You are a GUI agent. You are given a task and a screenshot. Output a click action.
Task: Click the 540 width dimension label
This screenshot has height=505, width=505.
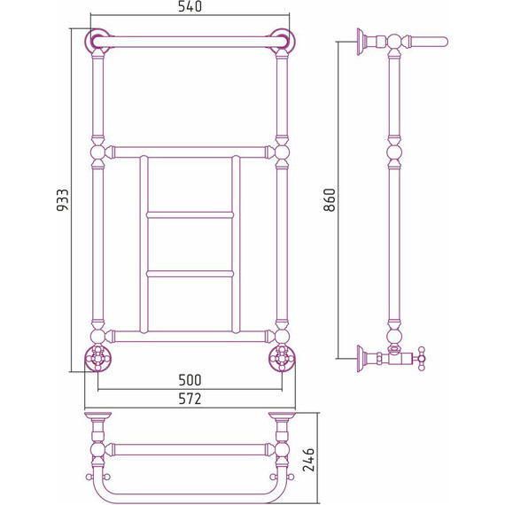pyautogui.click(x=190, y=7)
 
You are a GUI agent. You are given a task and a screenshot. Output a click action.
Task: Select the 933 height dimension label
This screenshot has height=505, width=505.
pyautogui.click(x=63, y=200)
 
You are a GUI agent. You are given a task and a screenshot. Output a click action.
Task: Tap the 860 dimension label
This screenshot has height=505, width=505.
pyautogui.click(x=330, y=200)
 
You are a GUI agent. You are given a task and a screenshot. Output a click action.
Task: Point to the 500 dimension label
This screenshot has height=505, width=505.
pyautogui.click(x=190, y=380)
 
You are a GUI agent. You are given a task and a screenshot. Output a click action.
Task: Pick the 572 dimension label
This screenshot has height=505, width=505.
pyautogui.click(x=190, y=399)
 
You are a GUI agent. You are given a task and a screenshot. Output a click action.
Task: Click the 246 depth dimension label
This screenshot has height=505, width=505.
pyautogui.click(x=308, y=460)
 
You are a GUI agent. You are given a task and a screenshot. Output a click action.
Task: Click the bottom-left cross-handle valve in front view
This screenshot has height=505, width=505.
pyautogui.click(x=98, y=358)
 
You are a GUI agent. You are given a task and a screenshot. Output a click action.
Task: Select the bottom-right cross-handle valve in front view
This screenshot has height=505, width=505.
pyautogui.click(x=282, y=358)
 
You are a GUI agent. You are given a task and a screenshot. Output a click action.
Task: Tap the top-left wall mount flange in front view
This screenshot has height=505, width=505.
pyautogui.click(x=97, y=41)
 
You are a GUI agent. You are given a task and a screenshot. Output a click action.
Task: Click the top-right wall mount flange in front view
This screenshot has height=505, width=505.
pyautogui.click(x=283, y=41)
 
